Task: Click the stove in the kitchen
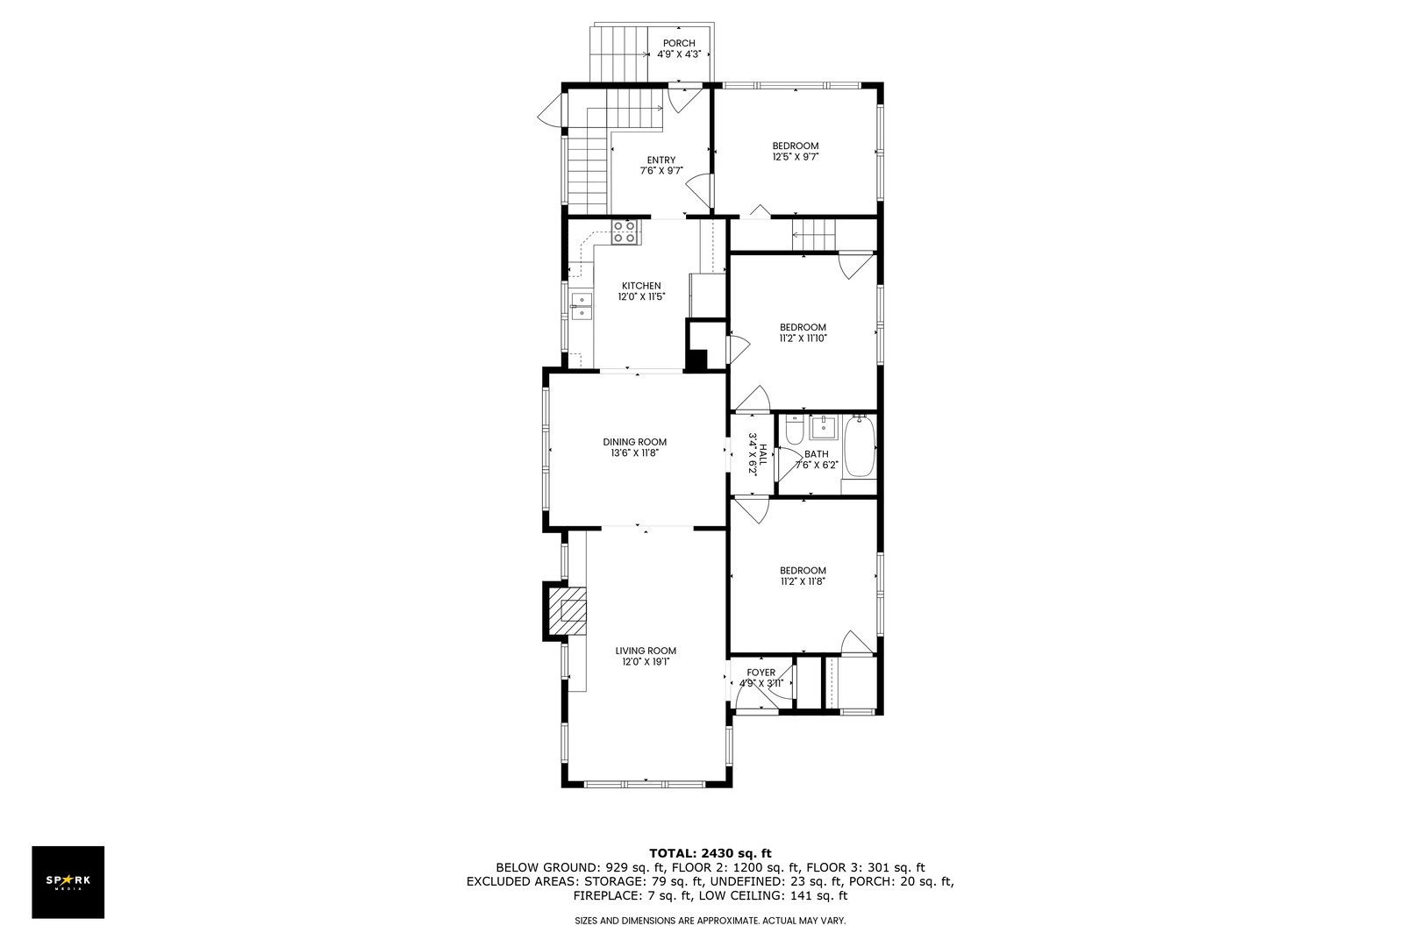pos(625,232)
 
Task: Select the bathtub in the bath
pos(860,446)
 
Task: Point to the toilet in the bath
pos(793,430)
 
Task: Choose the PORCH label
pos(679,43)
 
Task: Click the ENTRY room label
pos(661,160)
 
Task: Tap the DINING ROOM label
pos(634,442)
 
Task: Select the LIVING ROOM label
pos(646,651)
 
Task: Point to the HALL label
pos(763,454)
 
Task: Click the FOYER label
pos(760,673)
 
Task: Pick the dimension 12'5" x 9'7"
pos(796,157)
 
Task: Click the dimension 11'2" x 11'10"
pos(803,338)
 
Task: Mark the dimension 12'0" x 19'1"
pos(646,661)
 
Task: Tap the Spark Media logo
pos(68,881)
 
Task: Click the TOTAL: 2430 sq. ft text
pos(710,853)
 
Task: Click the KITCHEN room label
pos(641,286)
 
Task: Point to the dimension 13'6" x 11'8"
pos(634,452)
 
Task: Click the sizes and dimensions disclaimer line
pos(710,921)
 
